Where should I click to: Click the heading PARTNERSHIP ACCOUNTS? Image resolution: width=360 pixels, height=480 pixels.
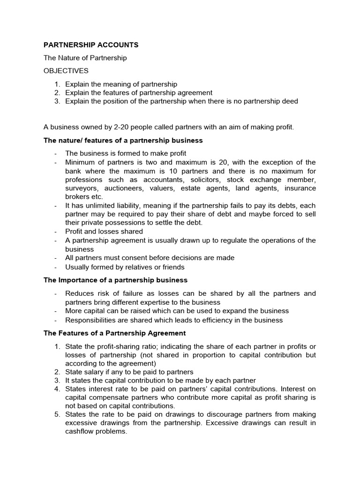click(91, 45)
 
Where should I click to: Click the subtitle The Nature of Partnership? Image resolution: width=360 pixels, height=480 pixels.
click(85, 58)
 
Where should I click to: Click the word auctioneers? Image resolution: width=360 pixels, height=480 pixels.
click(117, 188)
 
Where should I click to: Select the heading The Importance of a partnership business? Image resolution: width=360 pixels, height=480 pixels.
click(115, 280)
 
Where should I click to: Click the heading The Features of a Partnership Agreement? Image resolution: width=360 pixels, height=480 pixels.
click(115, 333)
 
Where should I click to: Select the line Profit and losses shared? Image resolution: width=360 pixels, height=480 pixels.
click(104, 232)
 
